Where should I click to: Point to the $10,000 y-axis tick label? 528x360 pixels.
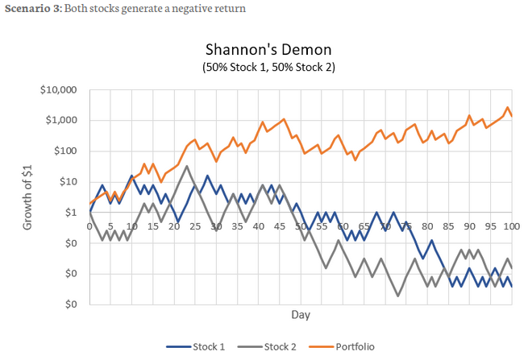pyautogui.click(x=59, y=89)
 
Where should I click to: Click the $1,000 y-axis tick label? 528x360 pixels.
pyautogui.click(x=61, y=120)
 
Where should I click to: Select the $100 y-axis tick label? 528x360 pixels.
pyautogui.click(x=65, y=151)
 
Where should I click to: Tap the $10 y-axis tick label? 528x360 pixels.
pyautogui.click(x=68, y=181)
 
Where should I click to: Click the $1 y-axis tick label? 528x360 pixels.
pyautogui.click(x=71, y=213)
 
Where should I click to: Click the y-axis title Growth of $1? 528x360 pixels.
pyautogui.click(x=30, y=197)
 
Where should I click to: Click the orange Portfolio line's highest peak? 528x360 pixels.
pyautogui.click(x=507, y=107)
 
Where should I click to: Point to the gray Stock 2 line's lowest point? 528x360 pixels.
pyautogui.click(x=397, y=296)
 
